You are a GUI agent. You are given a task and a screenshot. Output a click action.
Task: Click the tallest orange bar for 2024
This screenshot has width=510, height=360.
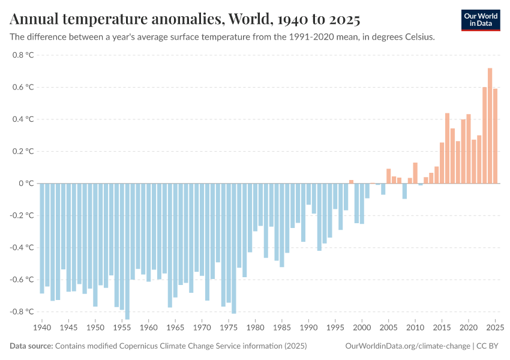click(x=490, y=125)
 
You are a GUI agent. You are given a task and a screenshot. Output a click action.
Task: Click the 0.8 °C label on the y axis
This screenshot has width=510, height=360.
click(x=23, y=55)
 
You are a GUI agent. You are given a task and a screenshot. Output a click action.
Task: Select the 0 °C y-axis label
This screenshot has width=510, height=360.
click(x=26, y=184)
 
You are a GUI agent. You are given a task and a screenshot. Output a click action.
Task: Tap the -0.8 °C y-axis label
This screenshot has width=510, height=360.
click(x=22, y=312)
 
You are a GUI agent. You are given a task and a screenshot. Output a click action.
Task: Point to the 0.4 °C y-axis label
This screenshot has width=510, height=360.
click(x=23, y=119)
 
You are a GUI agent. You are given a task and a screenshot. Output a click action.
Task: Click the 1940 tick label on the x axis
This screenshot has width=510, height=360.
click(x=41, y=328)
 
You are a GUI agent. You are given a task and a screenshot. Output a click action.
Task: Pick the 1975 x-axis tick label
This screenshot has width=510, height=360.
click(x=229, y=328)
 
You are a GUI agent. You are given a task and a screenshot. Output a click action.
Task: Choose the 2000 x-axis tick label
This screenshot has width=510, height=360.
click(x=362, y=328)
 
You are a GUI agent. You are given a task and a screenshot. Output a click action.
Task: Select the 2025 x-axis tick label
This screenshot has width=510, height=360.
click(x=494, y=328)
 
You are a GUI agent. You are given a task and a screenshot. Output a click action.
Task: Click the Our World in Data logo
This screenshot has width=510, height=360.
click(x=481, y=20)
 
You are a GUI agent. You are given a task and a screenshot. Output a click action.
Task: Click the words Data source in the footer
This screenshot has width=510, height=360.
click(x=31, y=346)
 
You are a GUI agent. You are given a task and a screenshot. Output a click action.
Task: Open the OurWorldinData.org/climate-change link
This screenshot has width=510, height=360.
click(x=408, y=346)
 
